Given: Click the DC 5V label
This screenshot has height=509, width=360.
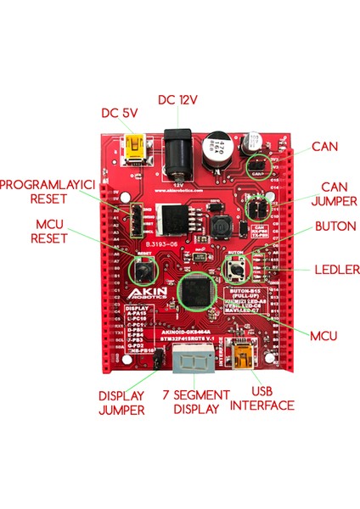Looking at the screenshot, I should coord(121,112).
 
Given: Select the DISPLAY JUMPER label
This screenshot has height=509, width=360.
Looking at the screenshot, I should coord(121,403).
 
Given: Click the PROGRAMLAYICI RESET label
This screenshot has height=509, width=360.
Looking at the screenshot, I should coord(42,191).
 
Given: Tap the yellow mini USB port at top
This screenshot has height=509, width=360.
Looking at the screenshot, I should coord(133,150).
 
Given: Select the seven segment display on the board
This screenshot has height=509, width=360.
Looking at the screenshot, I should coord(192,360).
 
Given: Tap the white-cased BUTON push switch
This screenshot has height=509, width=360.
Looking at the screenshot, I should coord(237,270).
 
